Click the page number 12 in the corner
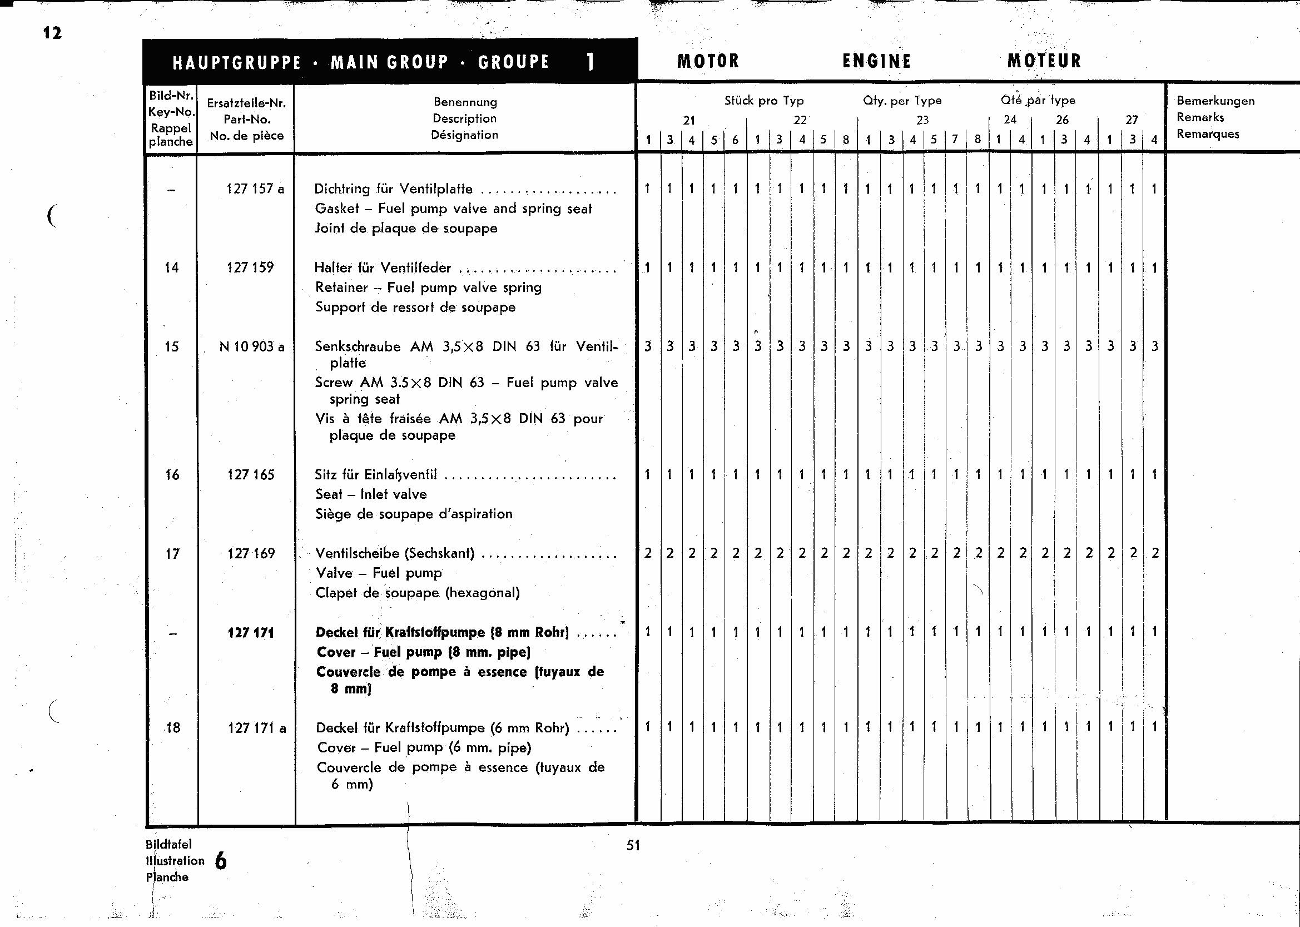click(x=52, y=33)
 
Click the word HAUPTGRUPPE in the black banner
click(x=237, y=62)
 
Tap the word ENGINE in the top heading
click(x=876, y=61)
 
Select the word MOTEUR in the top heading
click(x=1044, y=61)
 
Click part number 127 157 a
click(x=255, y=189)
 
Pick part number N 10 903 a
click(x=252, y=346)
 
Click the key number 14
click(x=171, y=267)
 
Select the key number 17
click(x=172, y=554)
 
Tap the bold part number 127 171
click(x=251, y=632)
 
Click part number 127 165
click(x=251, y=475)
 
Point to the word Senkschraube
click(x=357, y=346)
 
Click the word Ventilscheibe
click(x=357, y=553)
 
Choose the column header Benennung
click(x=465, y=102)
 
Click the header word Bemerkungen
click(x=1215, y=101)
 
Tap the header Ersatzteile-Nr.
click(x=246, y=103)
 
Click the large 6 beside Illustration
click(x=221, y=861)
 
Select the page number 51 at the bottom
click(x=633, y=845)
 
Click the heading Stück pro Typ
click(x=763, y=101)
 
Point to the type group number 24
click(x=1010, y=120)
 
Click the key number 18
click(x=172, y=728)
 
